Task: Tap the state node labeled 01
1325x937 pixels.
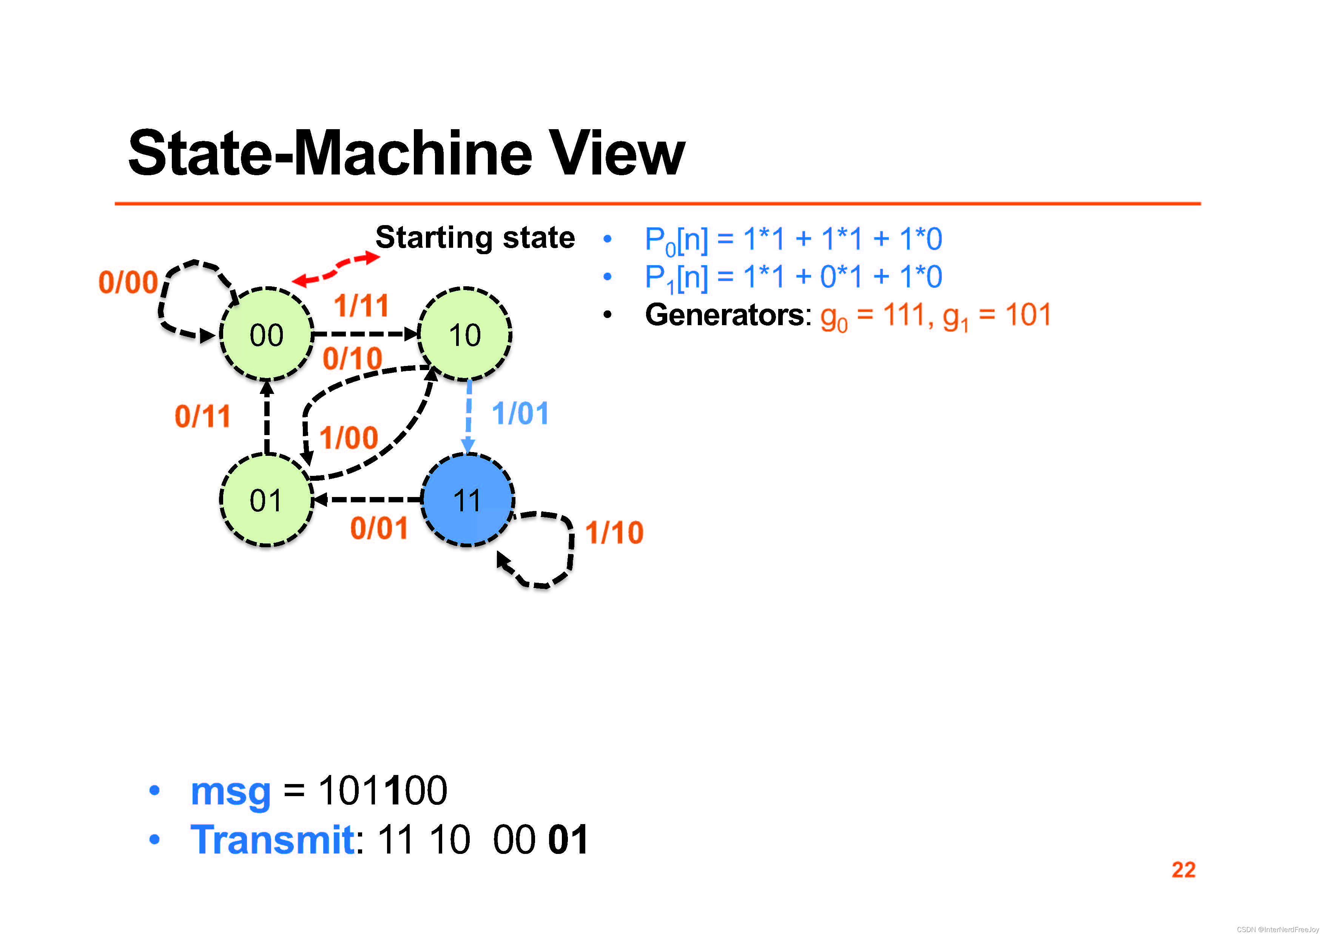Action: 266,500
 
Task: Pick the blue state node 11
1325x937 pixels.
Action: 467,500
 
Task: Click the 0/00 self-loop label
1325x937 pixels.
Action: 128,282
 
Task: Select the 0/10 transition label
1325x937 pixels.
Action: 352,358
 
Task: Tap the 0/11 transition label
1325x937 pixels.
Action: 202,416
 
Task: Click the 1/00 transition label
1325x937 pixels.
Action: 349,438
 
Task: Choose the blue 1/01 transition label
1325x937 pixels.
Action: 520,414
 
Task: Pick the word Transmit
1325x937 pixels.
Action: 272,840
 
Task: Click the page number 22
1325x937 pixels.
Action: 1183,869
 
